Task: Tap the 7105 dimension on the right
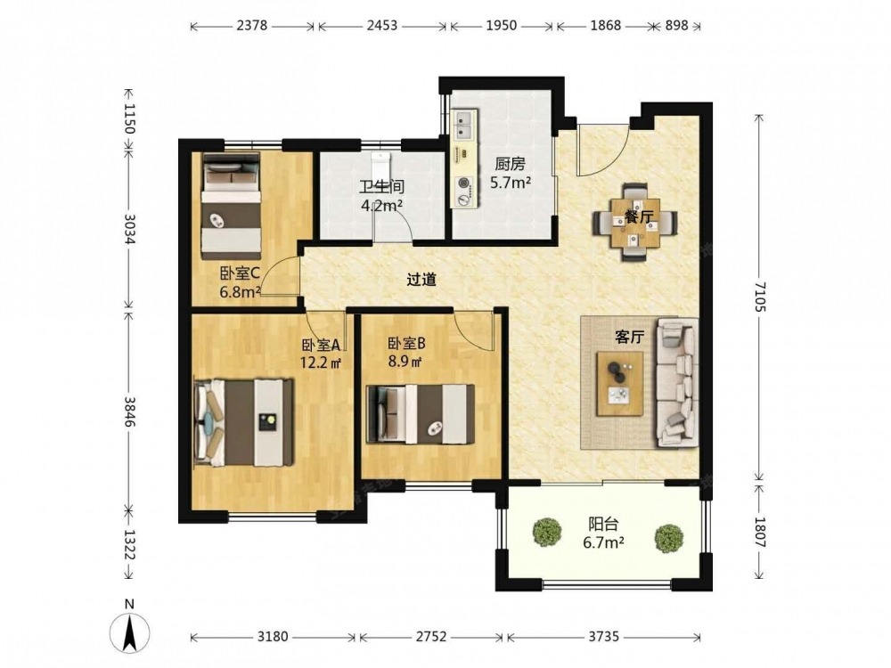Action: pos(760,297)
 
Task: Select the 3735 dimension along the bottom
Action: pos(603,637)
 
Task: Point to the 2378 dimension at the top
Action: pos(252,26)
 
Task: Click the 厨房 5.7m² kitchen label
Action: pos(511,174)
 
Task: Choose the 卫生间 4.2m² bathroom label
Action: pos(382,195)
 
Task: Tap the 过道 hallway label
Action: pos(421,279)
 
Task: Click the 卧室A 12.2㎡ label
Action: pos(321,354)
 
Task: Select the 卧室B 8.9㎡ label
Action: pos(406,352)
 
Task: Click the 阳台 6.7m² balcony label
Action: pos(603,533)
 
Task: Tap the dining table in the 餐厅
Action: pos(634,222)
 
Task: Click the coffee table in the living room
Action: pos(620,383)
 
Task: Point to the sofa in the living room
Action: pos(677,382)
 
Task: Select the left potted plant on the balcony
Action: pos(547,531)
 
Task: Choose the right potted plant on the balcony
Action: pos(668,537)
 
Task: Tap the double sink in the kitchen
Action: pos(466,127)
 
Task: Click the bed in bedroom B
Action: pos(421,414)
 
